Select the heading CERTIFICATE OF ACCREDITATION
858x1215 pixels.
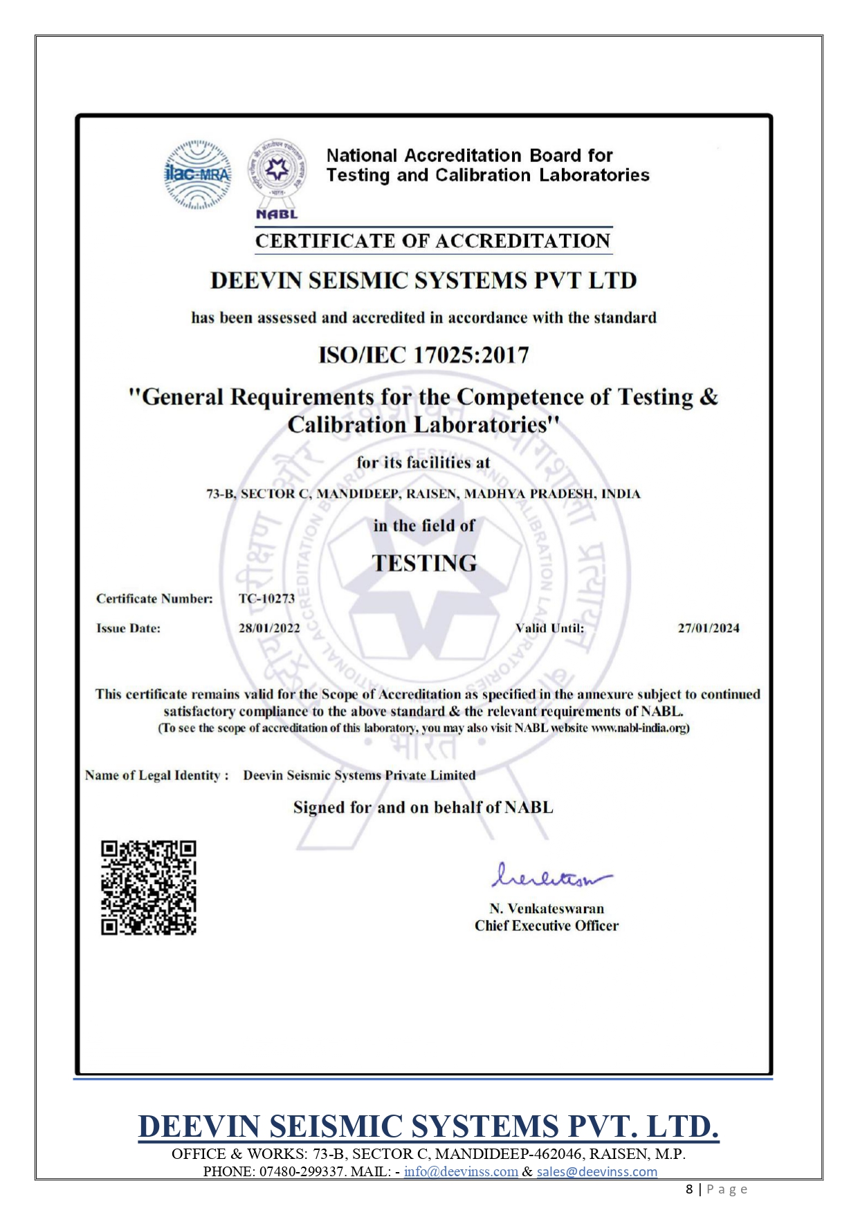click(432, 241)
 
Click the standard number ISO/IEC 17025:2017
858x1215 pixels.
click(423, 355)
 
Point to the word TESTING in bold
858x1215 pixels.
click(424, 563)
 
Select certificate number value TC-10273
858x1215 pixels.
click(266, 598)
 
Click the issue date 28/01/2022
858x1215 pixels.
click(269, 629)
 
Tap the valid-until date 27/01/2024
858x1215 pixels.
click(708, 629)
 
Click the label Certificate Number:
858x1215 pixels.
click(154, 598)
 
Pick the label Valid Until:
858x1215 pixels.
click(549, 629)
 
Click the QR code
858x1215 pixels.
click(149, 888)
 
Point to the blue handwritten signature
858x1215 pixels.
click(550, 876)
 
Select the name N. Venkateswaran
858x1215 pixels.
click(547, 908)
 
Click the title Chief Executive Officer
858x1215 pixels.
click(547, 926)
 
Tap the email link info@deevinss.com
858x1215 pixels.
click(461, 1171)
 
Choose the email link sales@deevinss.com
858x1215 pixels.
click(596, 1171)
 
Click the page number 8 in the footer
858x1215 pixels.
click(689, 1189)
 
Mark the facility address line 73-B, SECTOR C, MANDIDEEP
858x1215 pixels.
click(423, 494)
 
